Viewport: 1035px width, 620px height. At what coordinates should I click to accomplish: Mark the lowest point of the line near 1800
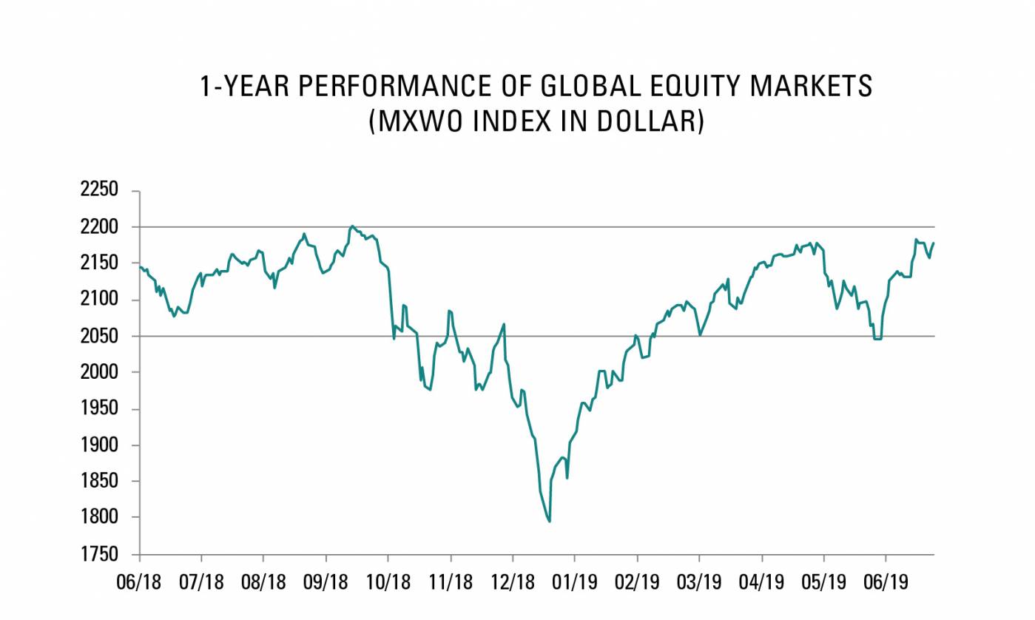click(549, 522)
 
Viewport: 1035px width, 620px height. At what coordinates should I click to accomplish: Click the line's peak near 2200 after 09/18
click(352, 226)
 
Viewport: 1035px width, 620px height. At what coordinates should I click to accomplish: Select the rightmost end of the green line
click(934, 243)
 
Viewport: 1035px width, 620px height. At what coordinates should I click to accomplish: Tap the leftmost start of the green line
click(140, 266)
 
